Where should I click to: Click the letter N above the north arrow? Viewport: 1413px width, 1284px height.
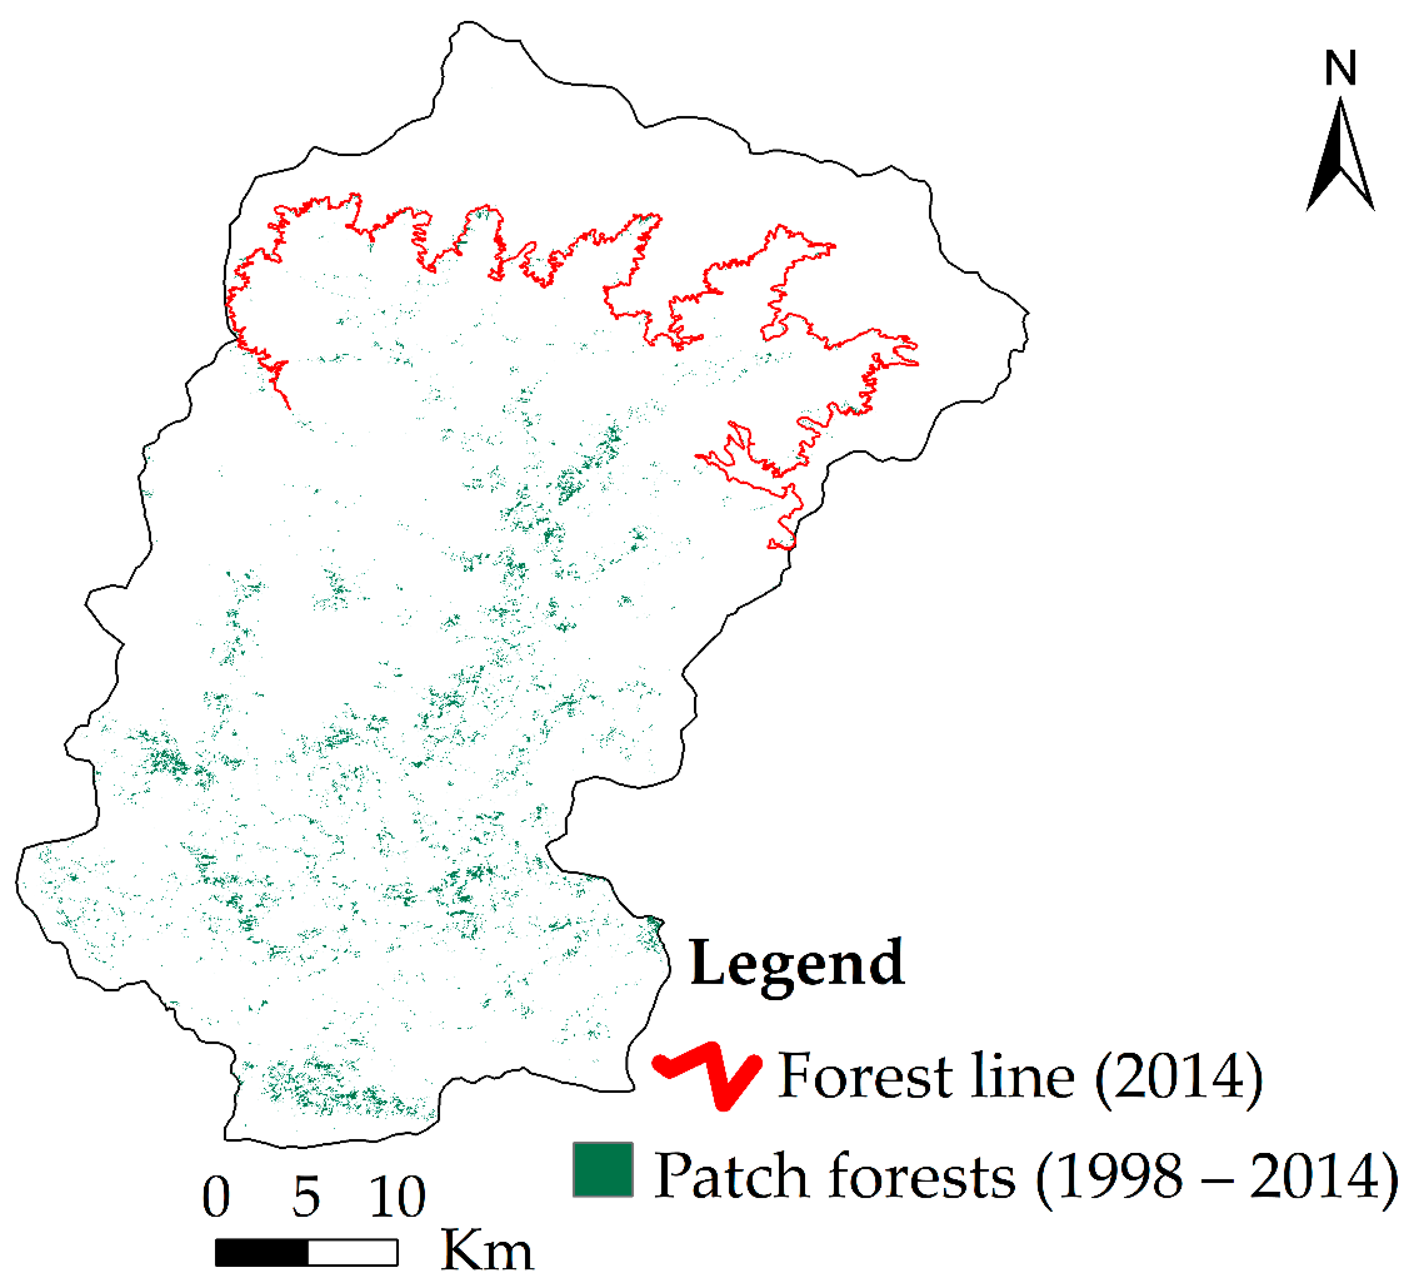coord(1340,69)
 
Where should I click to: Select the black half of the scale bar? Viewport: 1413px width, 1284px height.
coord(261,1253)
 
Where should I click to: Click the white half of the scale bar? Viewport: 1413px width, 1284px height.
coord(353,1253)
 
